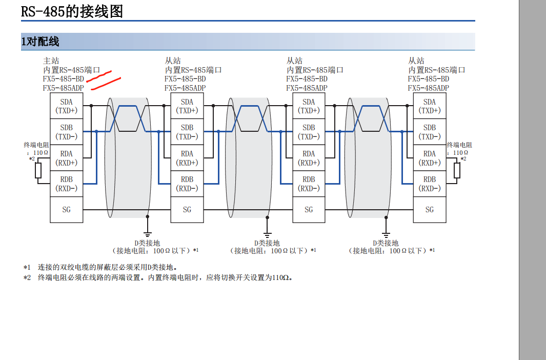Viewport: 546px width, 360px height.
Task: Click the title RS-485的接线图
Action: [72, 11]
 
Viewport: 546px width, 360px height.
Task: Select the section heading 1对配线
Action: [40, 42]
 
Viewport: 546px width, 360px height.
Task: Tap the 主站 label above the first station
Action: [51, 61]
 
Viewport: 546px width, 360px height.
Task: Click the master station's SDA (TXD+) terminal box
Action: [66, 106]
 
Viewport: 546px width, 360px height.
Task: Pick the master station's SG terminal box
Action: [66, 209]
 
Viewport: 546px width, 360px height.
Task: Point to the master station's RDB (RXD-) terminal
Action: [66, 184]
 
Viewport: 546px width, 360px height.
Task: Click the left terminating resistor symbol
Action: [38, 170]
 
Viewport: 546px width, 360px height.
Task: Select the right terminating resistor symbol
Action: [457, 170]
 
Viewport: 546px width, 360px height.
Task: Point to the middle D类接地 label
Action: [267, 243]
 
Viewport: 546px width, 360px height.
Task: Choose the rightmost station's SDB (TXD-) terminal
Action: [430, 132]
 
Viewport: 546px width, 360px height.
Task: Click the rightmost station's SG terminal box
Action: [430, 209]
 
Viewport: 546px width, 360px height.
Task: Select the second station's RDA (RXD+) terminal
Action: [187, 158]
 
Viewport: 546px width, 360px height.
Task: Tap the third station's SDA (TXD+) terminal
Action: [309, 106]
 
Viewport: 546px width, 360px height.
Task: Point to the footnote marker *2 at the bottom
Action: [27, 277]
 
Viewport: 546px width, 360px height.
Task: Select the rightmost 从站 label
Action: [416, 61]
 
